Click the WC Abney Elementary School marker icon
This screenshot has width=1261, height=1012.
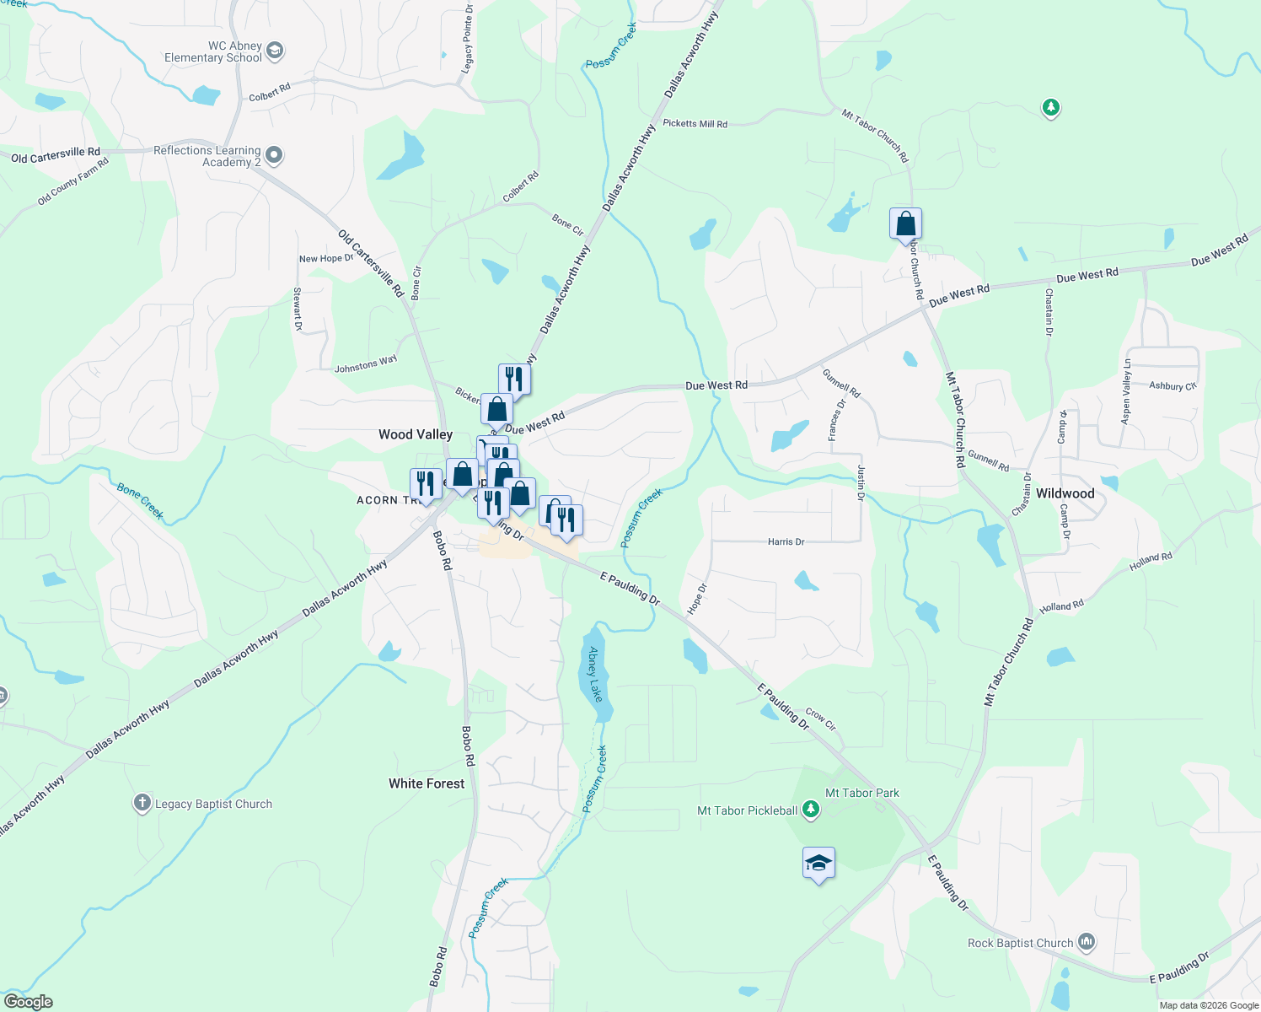click(x=274, y=51)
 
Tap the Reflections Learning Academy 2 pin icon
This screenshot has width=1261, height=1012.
click(x=273, y=156)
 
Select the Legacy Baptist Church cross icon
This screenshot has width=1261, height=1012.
click(x=142, y=803)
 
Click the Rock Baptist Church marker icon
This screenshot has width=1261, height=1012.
click(x=1087, y=942)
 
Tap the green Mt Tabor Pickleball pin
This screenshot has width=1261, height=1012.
click(x=811, y=810)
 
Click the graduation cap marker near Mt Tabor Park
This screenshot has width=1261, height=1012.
click(x=818, y=864)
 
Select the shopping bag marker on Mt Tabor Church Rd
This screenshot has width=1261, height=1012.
click(x=905, y=224)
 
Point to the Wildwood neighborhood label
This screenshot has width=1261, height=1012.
click(x=1065, y=493)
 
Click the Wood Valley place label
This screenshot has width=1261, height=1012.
click(x=416, y=434)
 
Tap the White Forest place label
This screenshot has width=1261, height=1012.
click(x=427, y=783)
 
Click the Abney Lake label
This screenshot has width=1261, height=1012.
click(x=596, y=674)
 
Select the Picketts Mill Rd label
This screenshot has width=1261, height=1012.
click(x=695, y=123)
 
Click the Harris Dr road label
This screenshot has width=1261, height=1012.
click(x=786, y=541)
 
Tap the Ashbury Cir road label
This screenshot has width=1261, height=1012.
click(x=1172, y=385)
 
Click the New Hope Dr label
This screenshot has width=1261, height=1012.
click(x=326, y=258)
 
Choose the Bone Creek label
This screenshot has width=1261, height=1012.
click(x=140, y=501)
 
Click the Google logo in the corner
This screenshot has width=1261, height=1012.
click(x=28, y=1002)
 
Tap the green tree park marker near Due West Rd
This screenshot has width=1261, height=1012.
click(x=1050, y=108)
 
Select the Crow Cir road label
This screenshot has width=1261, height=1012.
click(x=820, y=719)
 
